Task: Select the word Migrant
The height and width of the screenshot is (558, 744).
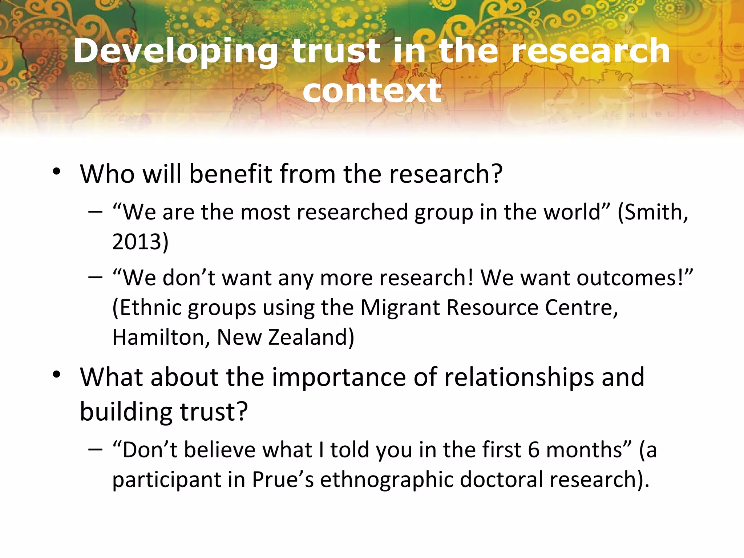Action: (400, 308)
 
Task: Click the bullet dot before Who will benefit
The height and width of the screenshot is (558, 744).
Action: (56, 171)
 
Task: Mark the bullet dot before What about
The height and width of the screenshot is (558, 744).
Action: (56, 375)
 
